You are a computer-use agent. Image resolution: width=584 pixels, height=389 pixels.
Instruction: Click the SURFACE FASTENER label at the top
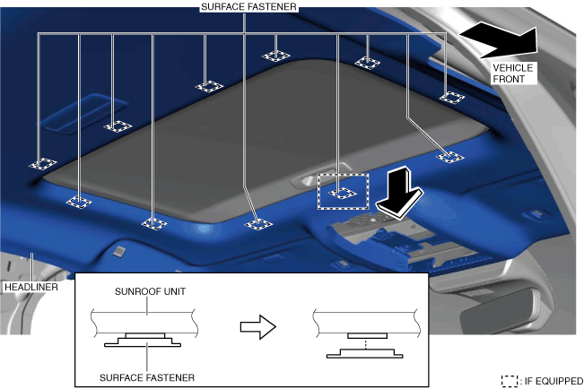coord(246,6)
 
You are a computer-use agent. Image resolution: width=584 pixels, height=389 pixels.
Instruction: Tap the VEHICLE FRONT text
coord(512,73)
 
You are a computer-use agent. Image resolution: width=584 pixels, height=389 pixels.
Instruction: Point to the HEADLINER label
coord(30,288)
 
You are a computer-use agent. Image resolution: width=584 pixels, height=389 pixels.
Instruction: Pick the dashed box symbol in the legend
coord(510,381)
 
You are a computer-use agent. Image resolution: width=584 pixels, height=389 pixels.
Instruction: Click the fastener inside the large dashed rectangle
coord(342,192)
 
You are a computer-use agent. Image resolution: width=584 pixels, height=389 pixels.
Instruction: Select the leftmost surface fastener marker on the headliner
coord(41,164)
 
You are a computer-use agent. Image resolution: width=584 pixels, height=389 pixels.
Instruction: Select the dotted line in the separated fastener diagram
coord(364,343)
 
